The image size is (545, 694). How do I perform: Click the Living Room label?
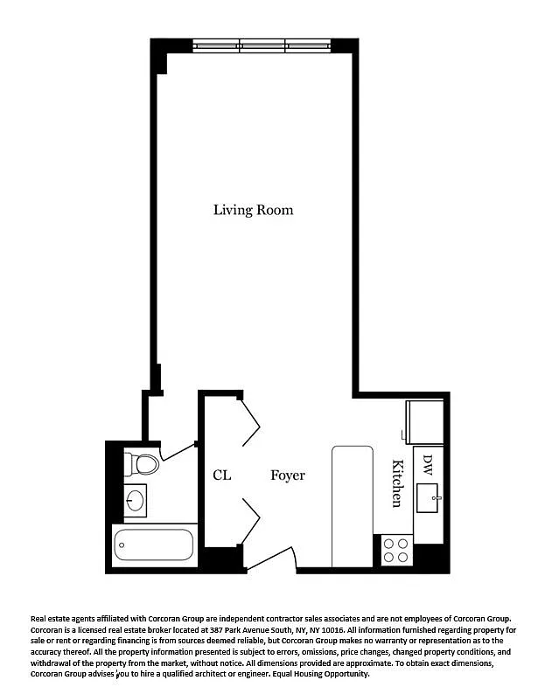click(253, 210)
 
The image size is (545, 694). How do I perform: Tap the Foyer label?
click(288, 475)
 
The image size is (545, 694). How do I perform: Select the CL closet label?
click(222, 475)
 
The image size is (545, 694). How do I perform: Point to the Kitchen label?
click(397, 483)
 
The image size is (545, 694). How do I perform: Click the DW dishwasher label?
click(427, 465)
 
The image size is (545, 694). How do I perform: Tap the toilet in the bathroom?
click(142, 464)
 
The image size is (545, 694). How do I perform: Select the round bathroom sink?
click(135, 501)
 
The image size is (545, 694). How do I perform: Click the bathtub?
click(154, 545)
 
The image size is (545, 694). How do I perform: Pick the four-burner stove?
click(395, 550)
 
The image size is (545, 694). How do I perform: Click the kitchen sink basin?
click(427, 498)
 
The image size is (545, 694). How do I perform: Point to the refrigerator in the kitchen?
click(425, 422)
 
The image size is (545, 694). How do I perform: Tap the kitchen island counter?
click(353, 506)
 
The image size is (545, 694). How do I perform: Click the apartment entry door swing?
click(271, 559)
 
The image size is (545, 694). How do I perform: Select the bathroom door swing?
click(178, 452)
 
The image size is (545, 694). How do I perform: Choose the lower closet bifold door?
click(250, 522)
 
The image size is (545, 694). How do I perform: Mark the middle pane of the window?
click(262, 45)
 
